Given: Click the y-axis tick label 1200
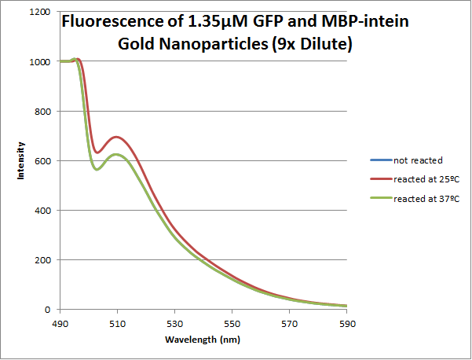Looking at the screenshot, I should [x=39, y=13].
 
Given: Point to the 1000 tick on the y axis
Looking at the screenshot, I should [x=39, y=62].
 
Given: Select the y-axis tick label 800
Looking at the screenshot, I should [x=42, y=112].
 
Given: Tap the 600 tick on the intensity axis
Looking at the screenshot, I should [x=42, y=161].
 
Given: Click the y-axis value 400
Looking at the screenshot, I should [x=42, y=211].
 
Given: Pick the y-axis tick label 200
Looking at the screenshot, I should [x=42, y=260].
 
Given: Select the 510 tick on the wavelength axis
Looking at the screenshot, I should [x=117, y=322].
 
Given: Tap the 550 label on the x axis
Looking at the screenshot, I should [x=232, y=322].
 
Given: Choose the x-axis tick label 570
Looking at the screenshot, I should [x=290, y=322].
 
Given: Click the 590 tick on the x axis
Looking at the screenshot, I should [x=347, y=322].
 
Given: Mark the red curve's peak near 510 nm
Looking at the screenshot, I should [x=117, y=137].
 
